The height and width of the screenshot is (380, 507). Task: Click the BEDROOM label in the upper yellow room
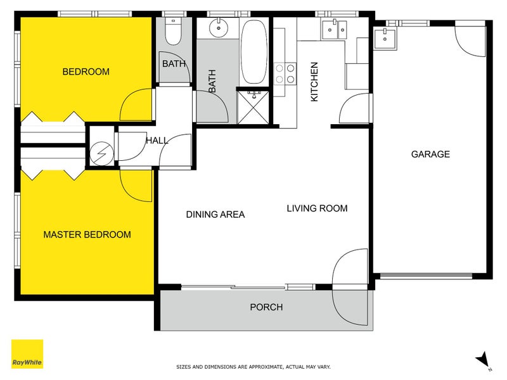click(x=86, y=72)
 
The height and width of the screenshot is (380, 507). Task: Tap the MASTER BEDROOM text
click(x=87, y=234)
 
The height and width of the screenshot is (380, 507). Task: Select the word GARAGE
click(x=430, y=154)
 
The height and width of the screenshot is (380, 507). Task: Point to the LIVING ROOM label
click(x=317, y=208)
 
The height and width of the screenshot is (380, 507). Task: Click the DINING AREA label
click(x=215, y=215)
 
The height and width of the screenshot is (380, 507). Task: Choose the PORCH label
click(x=266, y=307)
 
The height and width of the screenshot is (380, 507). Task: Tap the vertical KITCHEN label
click(x=313, y=82)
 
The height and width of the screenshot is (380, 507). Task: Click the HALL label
click(x=157, y=141)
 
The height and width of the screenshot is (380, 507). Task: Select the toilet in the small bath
click(x=172, y=30)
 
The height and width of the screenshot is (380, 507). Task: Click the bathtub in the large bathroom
click(x=255, y=52)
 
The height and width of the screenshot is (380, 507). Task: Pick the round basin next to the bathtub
click(x=219, y=27)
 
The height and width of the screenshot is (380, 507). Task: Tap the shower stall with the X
click(x=253, y=106)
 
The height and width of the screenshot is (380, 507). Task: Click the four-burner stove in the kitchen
click(x=285, y=73)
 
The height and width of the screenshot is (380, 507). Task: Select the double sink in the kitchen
click(x=334, y=28)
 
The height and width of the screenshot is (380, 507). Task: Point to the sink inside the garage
click(x=385, y=37)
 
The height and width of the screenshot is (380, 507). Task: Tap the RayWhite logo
click(x=27, y=354)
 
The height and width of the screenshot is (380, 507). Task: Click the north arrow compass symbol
click(x=484, y=359)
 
